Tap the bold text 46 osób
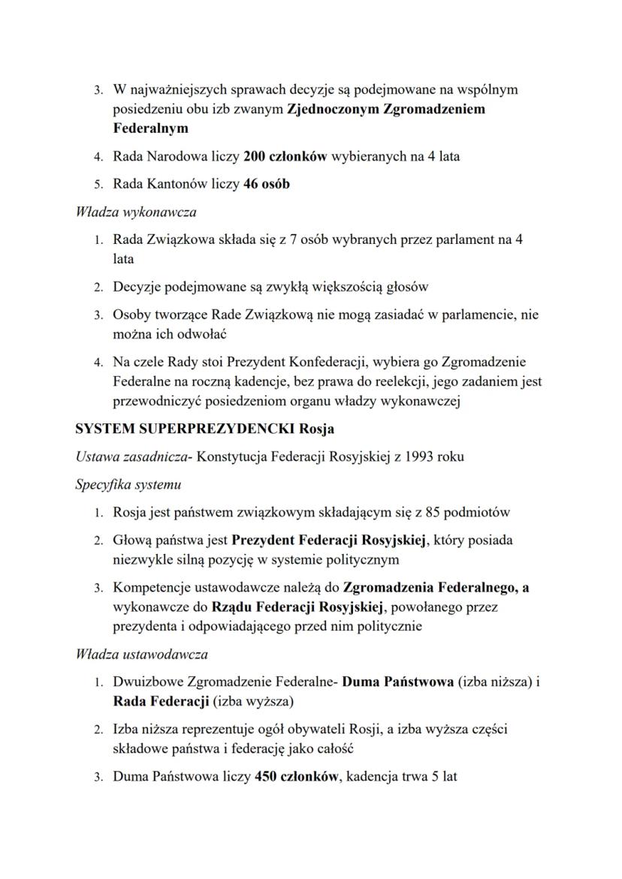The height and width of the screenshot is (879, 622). point(267,184)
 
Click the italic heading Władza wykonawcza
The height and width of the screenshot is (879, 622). point(136,212)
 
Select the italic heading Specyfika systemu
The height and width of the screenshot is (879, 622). point(128,485)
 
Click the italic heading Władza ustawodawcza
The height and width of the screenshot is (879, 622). point(141,655)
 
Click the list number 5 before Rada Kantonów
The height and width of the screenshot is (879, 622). point(98,185)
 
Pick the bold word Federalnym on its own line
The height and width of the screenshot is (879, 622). point(150,129)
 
